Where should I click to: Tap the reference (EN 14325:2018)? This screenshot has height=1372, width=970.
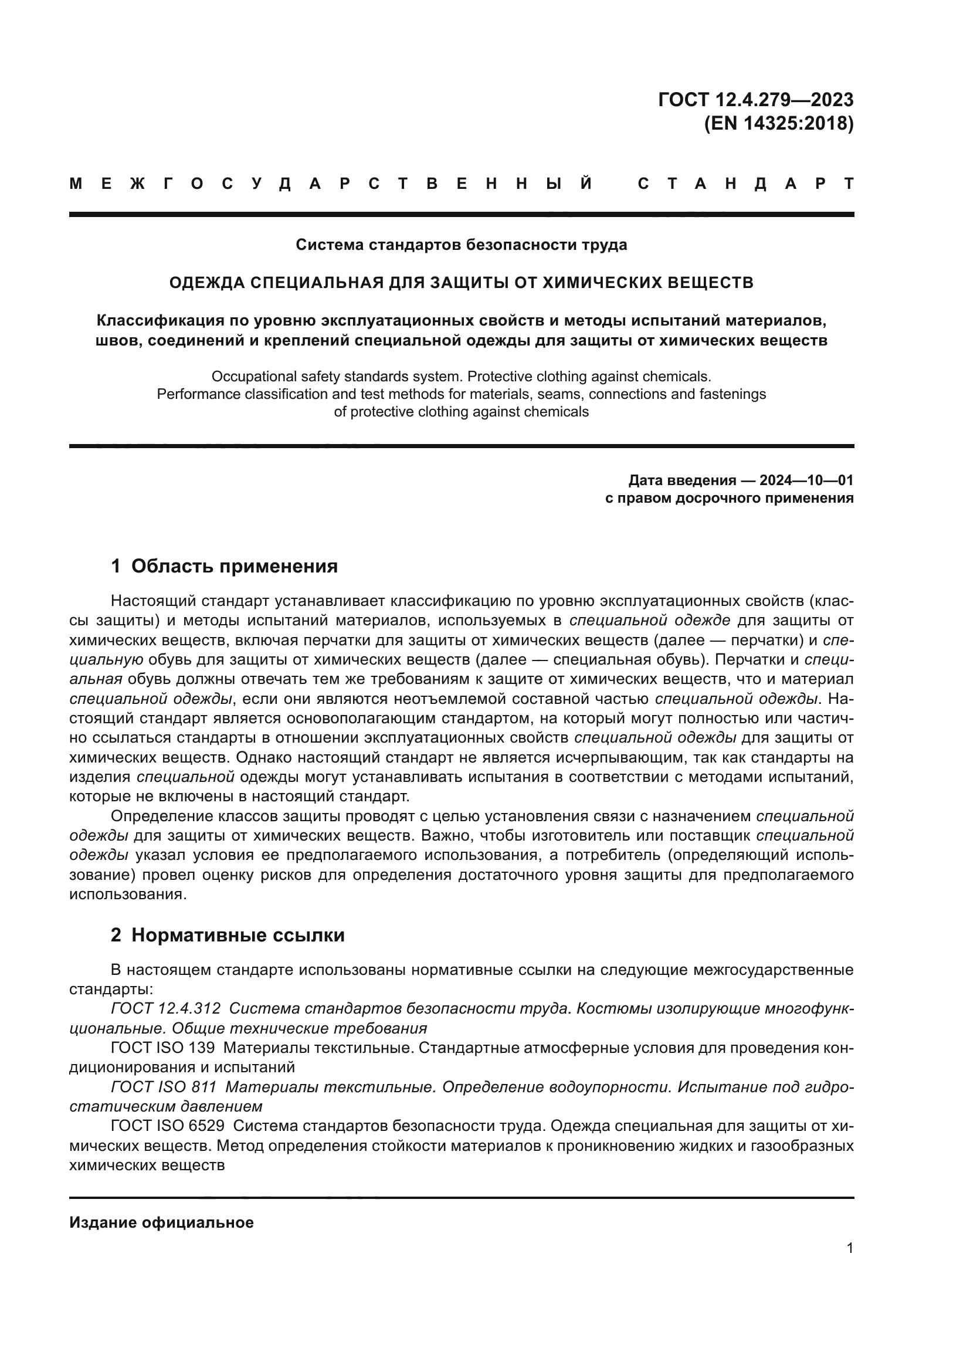778,124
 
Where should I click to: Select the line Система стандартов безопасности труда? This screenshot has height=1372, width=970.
461,245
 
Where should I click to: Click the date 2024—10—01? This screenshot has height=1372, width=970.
806,480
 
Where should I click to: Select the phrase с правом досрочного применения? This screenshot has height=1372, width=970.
729,498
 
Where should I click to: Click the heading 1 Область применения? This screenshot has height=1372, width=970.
224,566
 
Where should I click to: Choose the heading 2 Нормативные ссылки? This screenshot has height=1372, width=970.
228,935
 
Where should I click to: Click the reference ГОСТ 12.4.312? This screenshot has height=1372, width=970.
165,1009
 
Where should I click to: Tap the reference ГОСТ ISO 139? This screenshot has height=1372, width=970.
162,1048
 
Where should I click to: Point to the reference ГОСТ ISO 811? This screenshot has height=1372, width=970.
164,1087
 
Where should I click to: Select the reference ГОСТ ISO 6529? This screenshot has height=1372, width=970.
167,1126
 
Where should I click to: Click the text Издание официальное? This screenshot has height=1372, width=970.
161,1222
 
